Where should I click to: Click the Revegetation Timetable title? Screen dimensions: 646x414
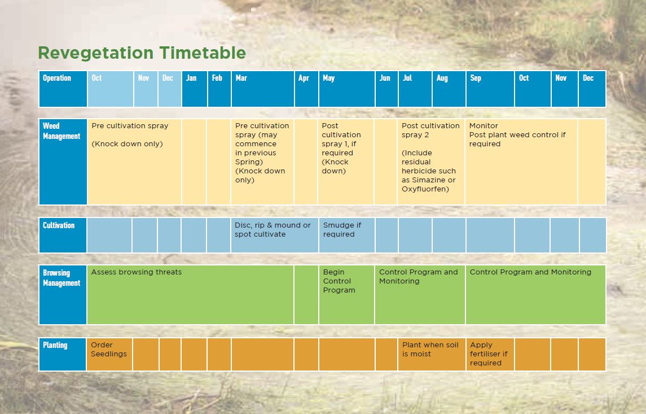[142, 53]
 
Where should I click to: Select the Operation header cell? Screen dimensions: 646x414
[63, 89]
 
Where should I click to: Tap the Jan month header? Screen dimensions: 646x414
[195, 89]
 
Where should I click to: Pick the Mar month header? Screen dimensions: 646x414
[263, 89]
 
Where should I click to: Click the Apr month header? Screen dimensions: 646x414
[306, 89]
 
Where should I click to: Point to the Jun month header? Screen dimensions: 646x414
[386, 89]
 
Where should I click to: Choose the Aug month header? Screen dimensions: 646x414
[449, 89]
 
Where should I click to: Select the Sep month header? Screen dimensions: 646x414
[490, 89]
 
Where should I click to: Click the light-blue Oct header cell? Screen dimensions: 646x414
[110, 89]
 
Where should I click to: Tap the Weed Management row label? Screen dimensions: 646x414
[63, 162]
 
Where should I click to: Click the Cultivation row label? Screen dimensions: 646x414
[63, 235]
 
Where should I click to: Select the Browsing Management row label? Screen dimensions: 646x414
[63, 294]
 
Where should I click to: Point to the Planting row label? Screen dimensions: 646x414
[63, 354]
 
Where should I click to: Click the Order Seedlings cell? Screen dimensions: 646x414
[109, 354]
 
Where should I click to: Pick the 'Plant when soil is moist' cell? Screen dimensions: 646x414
[432, 354]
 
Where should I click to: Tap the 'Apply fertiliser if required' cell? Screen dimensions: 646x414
[490, 354]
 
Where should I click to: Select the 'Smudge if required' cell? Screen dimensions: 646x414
[347, 235]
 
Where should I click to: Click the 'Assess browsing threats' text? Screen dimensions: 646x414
[137, 272]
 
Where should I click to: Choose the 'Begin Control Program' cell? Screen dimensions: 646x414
[347, 294]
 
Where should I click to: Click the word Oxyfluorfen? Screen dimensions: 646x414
[425, 189]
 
